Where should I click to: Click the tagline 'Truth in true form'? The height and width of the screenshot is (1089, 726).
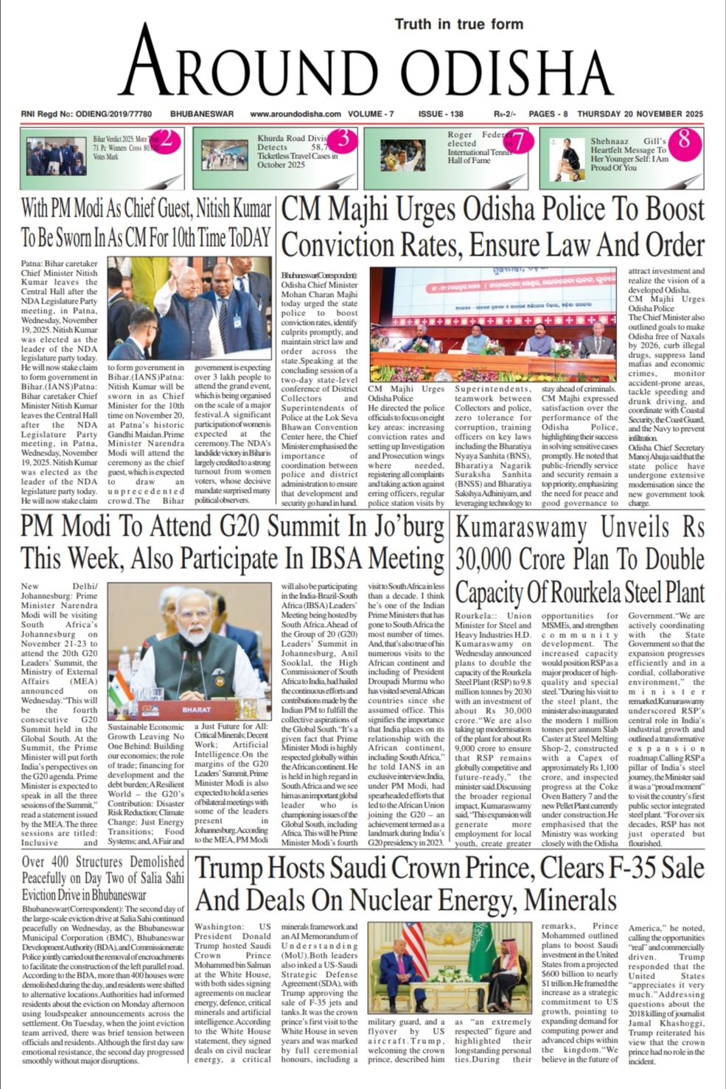click(458, 24)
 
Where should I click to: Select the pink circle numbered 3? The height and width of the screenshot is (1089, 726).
click(343, 139)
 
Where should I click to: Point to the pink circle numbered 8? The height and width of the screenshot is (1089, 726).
click(684, 139)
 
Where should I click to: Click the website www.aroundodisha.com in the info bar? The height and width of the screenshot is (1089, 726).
click(296, 114)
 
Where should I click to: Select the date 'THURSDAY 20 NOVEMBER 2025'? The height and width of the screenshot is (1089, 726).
click(641, 114)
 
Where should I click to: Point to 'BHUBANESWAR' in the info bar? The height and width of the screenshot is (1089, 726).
click(202, 114)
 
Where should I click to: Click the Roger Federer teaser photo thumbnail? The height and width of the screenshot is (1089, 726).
click(402, 155)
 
